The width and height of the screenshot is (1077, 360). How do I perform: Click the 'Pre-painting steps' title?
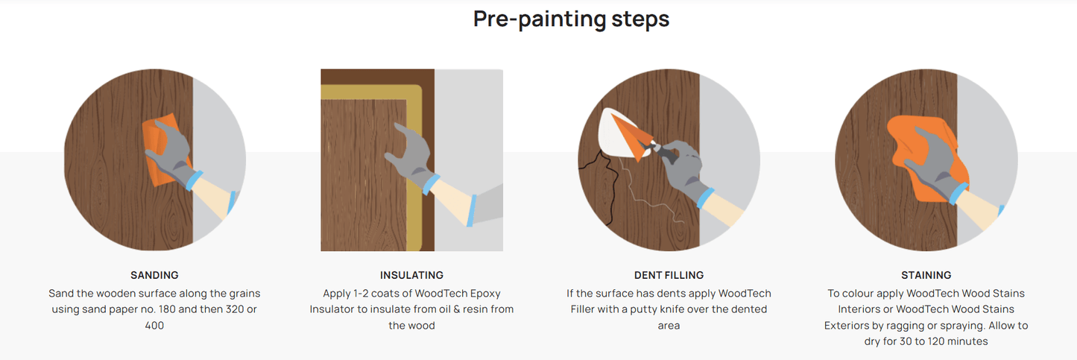[571, 19]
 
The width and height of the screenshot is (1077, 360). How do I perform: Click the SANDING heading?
[154, 275]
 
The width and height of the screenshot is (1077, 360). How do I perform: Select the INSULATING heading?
[411, 275]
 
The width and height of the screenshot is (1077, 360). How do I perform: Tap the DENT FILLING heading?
[669, 275]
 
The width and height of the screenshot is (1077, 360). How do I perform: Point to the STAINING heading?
[926, 275]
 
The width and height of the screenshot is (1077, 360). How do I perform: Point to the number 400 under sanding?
[154, 326]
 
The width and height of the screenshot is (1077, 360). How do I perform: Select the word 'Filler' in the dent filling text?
[586, 309]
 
